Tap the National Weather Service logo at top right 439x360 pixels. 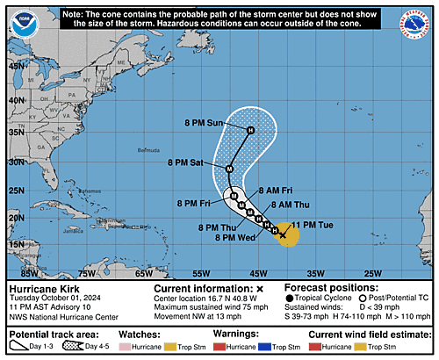click(418, 22)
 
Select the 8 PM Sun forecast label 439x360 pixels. click(203, 123)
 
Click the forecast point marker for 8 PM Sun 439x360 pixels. click(250, 132)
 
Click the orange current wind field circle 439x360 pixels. click(286, 234)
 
